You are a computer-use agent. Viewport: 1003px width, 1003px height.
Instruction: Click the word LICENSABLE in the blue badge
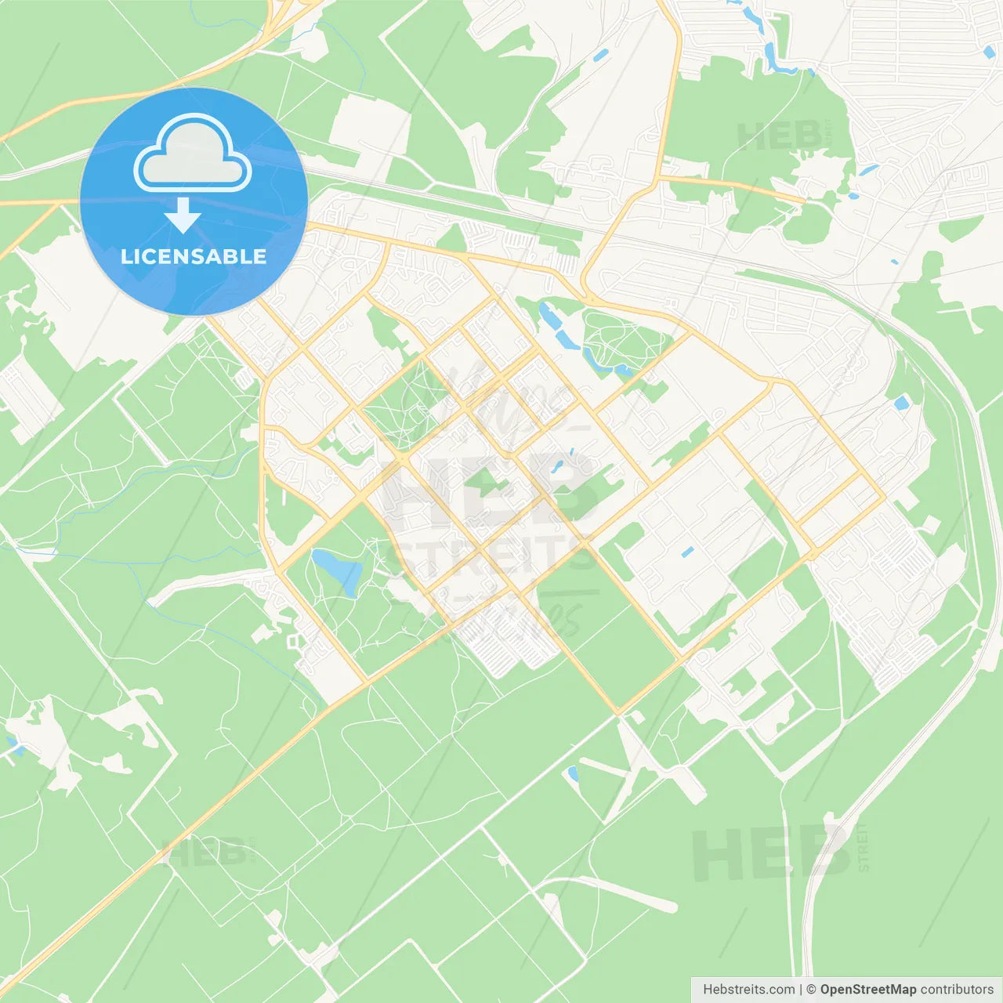194,256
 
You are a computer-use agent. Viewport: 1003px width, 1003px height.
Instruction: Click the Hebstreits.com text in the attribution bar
748,990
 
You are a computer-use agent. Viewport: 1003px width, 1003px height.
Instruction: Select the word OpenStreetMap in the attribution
868,990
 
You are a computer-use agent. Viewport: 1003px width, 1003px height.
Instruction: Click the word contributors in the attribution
957,990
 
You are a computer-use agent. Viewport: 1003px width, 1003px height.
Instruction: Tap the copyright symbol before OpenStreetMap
812,990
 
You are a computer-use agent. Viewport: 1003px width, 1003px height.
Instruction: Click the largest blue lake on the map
339,570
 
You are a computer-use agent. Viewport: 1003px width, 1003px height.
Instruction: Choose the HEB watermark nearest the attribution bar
772,853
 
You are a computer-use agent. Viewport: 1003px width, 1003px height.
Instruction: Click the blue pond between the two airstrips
573,774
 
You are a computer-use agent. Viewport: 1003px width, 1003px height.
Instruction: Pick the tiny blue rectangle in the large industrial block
687,552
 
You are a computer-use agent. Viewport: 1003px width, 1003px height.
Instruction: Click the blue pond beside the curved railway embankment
902,403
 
